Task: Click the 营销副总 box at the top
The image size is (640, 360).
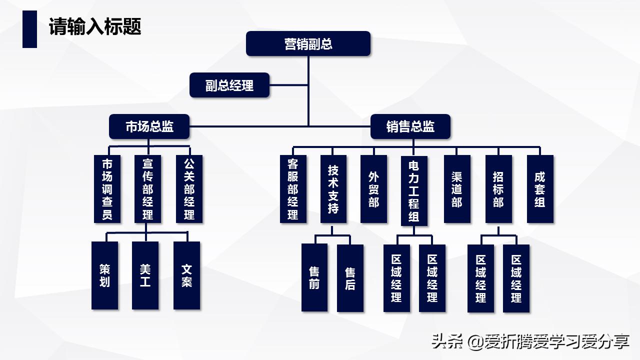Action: [308, 44]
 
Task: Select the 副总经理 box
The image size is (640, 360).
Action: [229, 85]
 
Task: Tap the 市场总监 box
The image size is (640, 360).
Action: [149, 126]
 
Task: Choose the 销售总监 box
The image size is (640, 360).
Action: [410, 126]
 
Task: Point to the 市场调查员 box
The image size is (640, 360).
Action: [107, 189]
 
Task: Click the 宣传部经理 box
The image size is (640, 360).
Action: [148, 189]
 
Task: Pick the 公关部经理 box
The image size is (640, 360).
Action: [189, 189]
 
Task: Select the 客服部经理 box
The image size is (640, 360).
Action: [293, 189]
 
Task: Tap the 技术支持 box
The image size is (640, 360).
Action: [333, 189]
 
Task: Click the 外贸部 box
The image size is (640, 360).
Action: [373, 189]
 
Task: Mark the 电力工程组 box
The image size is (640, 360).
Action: [414, 190]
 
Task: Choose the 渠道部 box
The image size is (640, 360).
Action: [456, 189]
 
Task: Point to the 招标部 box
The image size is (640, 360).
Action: [498, 189]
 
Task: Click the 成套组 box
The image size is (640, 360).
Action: [540, 189]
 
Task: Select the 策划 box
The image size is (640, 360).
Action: [104, 275]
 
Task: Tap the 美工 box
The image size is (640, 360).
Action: [145, 275]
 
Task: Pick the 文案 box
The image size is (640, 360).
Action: [186, 275]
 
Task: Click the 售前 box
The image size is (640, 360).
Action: [314, 277]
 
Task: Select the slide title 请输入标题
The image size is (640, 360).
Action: [95, 27]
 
